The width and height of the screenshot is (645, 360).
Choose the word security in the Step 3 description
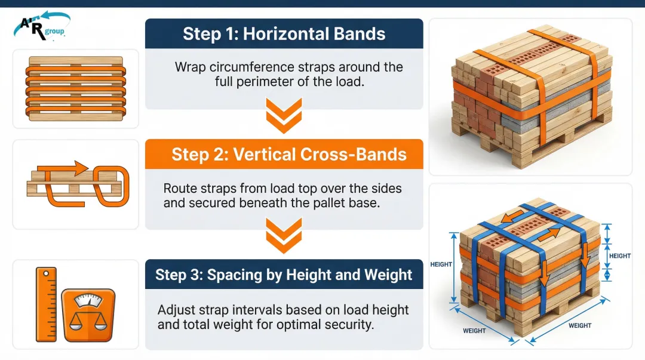348,325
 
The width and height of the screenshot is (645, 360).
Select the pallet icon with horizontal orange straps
75,89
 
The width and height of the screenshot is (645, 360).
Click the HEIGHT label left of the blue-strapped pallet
441,264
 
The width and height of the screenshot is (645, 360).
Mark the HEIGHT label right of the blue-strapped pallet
619,256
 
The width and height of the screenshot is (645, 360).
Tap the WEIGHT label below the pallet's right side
579,325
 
